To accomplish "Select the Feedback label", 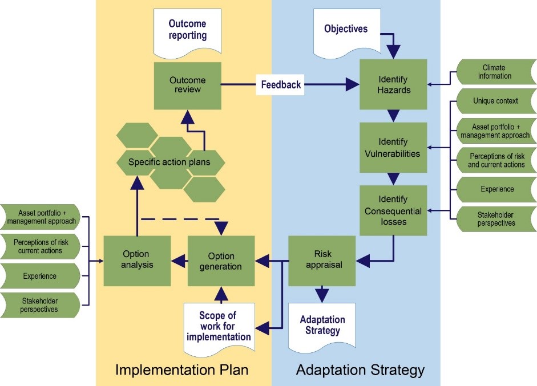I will coord(281,85).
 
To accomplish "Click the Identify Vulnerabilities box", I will coord(393,147).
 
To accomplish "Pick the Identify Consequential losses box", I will coord(393,210).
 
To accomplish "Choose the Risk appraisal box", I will coord(322,261).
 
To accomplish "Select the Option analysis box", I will coord(137,261).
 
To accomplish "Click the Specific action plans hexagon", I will coord(169,162).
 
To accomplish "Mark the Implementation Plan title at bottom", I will coord(182,369).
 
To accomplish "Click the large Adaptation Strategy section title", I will coord(360,369).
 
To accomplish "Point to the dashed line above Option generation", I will coord(180,218).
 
